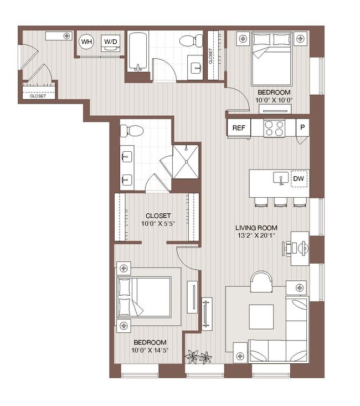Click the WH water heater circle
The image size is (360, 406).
pyautogui.click(x=86, y=42)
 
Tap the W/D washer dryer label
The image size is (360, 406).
pyautogui.click(x=111, y=42)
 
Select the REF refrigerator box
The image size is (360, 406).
pyautogui.click(x=239, y=128)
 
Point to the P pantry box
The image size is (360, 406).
pyautogui.click(x=302, y=127)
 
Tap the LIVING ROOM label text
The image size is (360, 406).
pyautogui.click(x=256, y=228)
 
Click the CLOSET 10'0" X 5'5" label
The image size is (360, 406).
pyautogui.click(x=158, y=220)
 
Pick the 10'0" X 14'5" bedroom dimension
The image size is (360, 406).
pyautogui.click(x=149, y=350)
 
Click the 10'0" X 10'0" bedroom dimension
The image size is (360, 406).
pyautogui.click(x=273, y=100)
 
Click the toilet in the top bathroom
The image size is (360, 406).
pyautogui.click(x=190, y=40)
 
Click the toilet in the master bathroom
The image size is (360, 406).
pyautogui.click(x=132, y=131)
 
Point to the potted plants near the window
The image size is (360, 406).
pyautogui.click(x=199, y=357)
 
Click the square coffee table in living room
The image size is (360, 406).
pyautogui.click(x=260, y=317)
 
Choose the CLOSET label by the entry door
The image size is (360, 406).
pyautogui.click(x=38, y=96)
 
